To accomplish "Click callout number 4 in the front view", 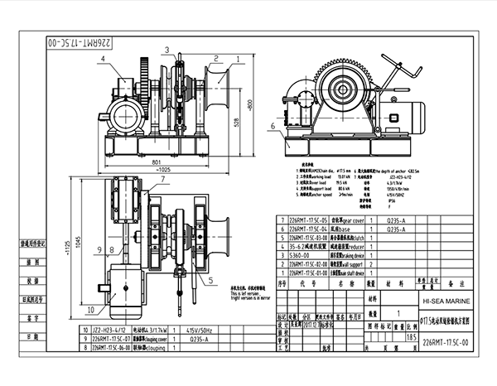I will click(x=102, y=59).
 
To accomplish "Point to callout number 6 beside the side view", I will click(x=273, y=126).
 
